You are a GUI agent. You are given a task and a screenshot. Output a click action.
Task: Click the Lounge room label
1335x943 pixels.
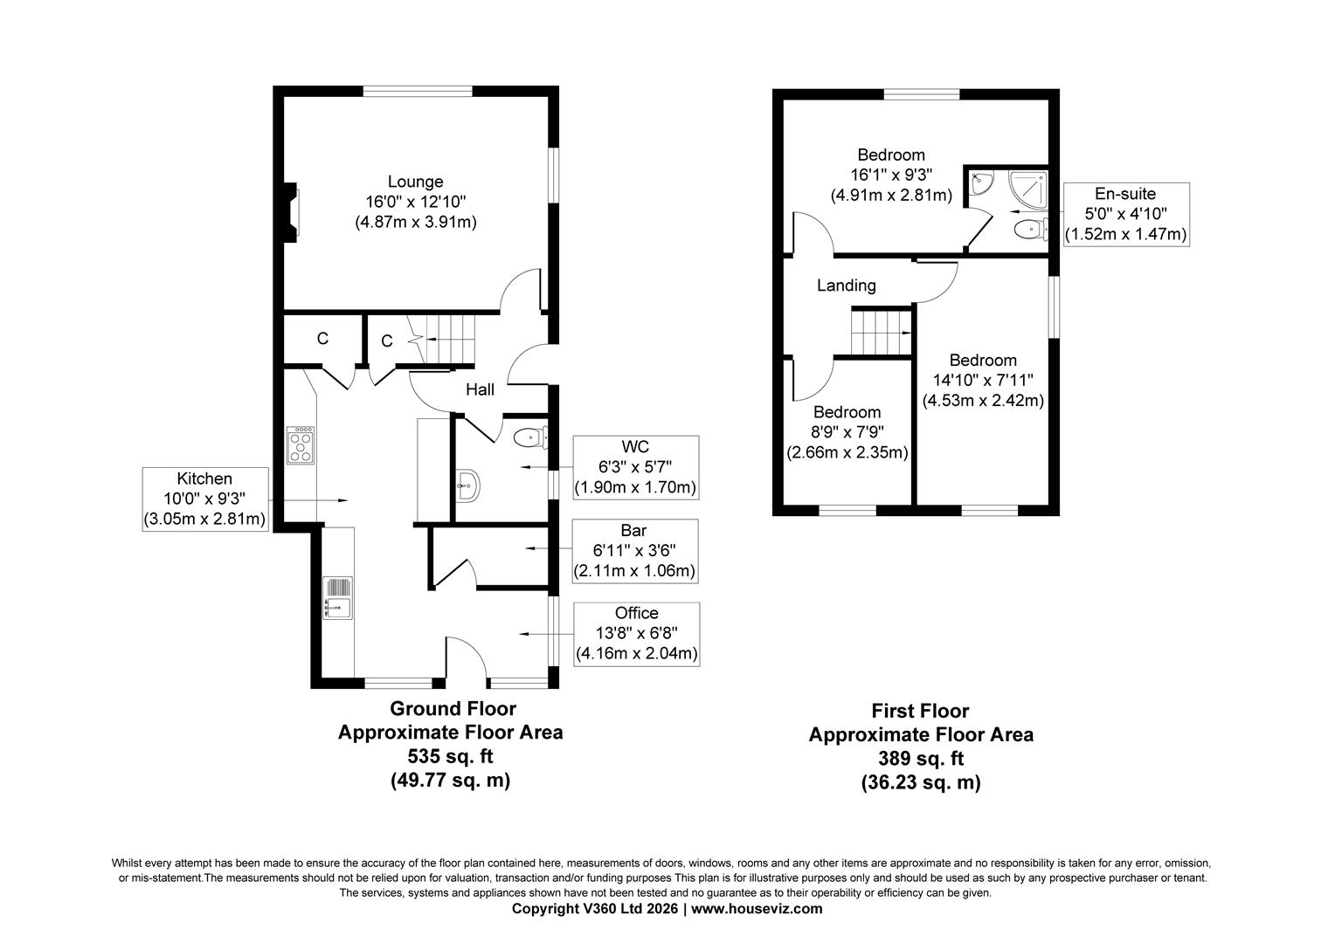(x=415, y=182)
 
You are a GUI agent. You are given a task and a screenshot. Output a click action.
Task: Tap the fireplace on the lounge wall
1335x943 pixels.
(x=291, y=212)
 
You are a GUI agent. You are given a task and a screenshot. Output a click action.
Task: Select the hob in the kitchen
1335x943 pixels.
(x=300, y=445)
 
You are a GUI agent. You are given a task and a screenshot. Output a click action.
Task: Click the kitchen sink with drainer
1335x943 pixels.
(x=337, y=597)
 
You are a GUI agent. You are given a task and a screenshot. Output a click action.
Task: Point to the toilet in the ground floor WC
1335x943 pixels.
(x=529, y=438)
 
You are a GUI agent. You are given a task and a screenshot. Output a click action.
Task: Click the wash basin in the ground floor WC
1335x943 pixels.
(x=467, y=486)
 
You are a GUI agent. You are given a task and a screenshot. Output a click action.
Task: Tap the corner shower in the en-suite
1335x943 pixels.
(x=1028, y=189)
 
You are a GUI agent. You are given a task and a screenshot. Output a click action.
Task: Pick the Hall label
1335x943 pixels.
(x=480, y=389)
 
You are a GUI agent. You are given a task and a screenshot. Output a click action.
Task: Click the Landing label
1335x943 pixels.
(x=847, y=286)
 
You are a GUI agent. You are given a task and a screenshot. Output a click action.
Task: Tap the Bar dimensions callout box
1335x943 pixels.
(x=634, y=551)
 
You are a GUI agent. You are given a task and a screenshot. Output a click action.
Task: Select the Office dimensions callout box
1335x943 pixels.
(x=637, y=634)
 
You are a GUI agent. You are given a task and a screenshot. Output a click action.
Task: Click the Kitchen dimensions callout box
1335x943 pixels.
(x=205, y=499)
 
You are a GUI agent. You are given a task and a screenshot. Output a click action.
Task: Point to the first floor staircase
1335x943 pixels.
(x=881, y=331)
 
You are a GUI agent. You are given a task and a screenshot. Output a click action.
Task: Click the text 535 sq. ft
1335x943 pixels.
(x=451, y=756)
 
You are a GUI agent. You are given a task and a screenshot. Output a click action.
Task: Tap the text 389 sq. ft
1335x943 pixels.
(x=921, y=759)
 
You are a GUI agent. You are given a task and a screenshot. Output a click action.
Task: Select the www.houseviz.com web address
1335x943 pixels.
(x=757, y=908)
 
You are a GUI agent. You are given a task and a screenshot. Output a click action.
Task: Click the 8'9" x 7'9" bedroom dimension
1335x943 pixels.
(x=847, y=432)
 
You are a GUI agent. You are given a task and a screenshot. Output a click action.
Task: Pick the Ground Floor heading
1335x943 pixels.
(x=453, y=708)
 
